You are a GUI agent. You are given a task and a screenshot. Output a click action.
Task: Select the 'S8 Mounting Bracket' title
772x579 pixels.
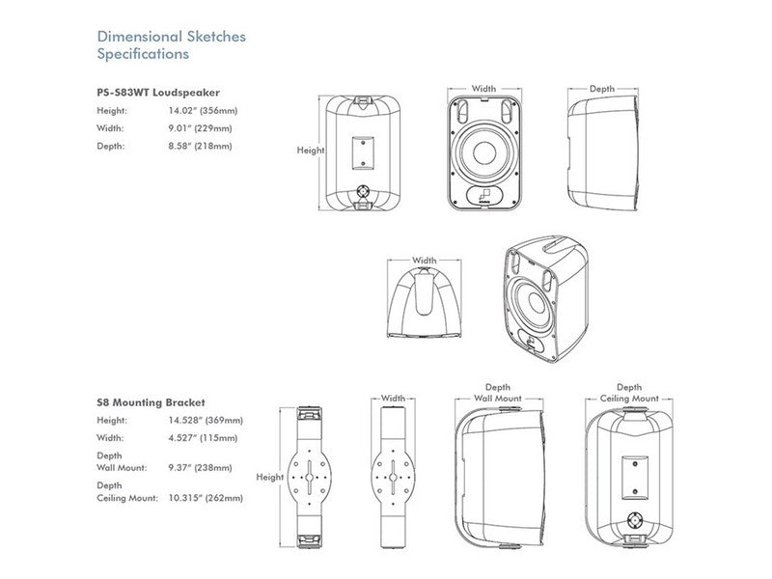[x=151, y=401]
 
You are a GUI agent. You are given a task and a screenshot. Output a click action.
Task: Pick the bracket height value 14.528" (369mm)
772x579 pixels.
[x=205, y=421]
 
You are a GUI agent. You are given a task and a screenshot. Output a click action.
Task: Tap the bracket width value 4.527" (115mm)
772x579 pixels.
[x=205, y=438]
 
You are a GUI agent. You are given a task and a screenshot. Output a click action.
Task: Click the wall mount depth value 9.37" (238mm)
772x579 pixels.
[x=200, y=467]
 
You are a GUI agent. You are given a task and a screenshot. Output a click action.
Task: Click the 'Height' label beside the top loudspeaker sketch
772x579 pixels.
[x=311, y=151]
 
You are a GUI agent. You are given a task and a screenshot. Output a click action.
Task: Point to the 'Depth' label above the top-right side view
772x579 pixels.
[x=602, y=89]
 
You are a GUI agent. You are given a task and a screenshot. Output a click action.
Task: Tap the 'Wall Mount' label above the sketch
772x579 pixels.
[x=498, y=398]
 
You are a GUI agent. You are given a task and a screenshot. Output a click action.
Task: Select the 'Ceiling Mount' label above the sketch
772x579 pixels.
[x=629, y=398]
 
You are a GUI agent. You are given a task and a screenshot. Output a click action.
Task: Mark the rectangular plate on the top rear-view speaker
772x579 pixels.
[x=364, y=150]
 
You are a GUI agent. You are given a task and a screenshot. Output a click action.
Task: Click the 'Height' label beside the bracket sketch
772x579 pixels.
[x=270, y=478]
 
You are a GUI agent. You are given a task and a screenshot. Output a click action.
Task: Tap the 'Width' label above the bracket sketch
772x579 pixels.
[x=393, y=398]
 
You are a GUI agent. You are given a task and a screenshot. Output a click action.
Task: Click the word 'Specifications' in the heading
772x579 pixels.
[x=143, y=54]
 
